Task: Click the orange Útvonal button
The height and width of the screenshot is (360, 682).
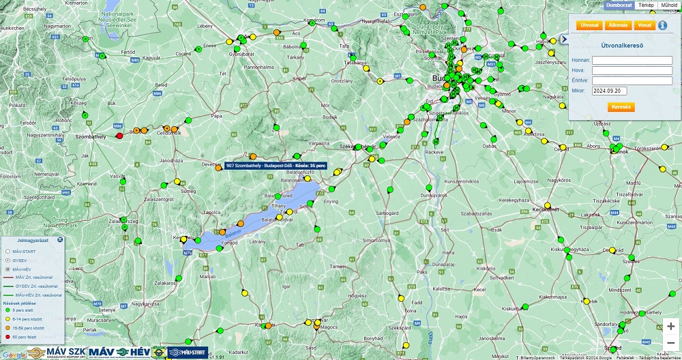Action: [589, 25]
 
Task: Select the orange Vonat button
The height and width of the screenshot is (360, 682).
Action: [644, 25]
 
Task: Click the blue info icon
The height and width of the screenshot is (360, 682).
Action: [662, 25]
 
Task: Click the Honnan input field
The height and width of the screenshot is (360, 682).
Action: [632, 60]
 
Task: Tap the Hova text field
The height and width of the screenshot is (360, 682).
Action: [632, 70]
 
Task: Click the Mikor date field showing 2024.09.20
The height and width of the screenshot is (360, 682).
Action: [609, 91]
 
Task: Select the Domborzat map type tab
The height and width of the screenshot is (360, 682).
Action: [619, 5]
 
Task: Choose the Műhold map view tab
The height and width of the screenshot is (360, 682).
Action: [669, 5]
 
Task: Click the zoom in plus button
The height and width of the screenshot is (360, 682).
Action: [671, 327]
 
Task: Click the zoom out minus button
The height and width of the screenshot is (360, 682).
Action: [671, 342]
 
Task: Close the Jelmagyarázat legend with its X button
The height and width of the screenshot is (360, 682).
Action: [60, 240]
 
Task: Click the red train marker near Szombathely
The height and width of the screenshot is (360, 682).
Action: [120, 136]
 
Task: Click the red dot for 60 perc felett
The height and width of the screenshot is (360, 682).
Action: [7, 337]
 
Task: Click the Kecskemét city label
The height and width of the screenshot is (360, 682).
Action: [546, 209]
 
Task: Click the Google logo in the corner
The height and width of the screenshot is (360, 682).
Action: [16, 354]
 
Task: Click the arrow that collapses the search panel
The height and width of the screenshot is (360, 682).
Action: [564, 40]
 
